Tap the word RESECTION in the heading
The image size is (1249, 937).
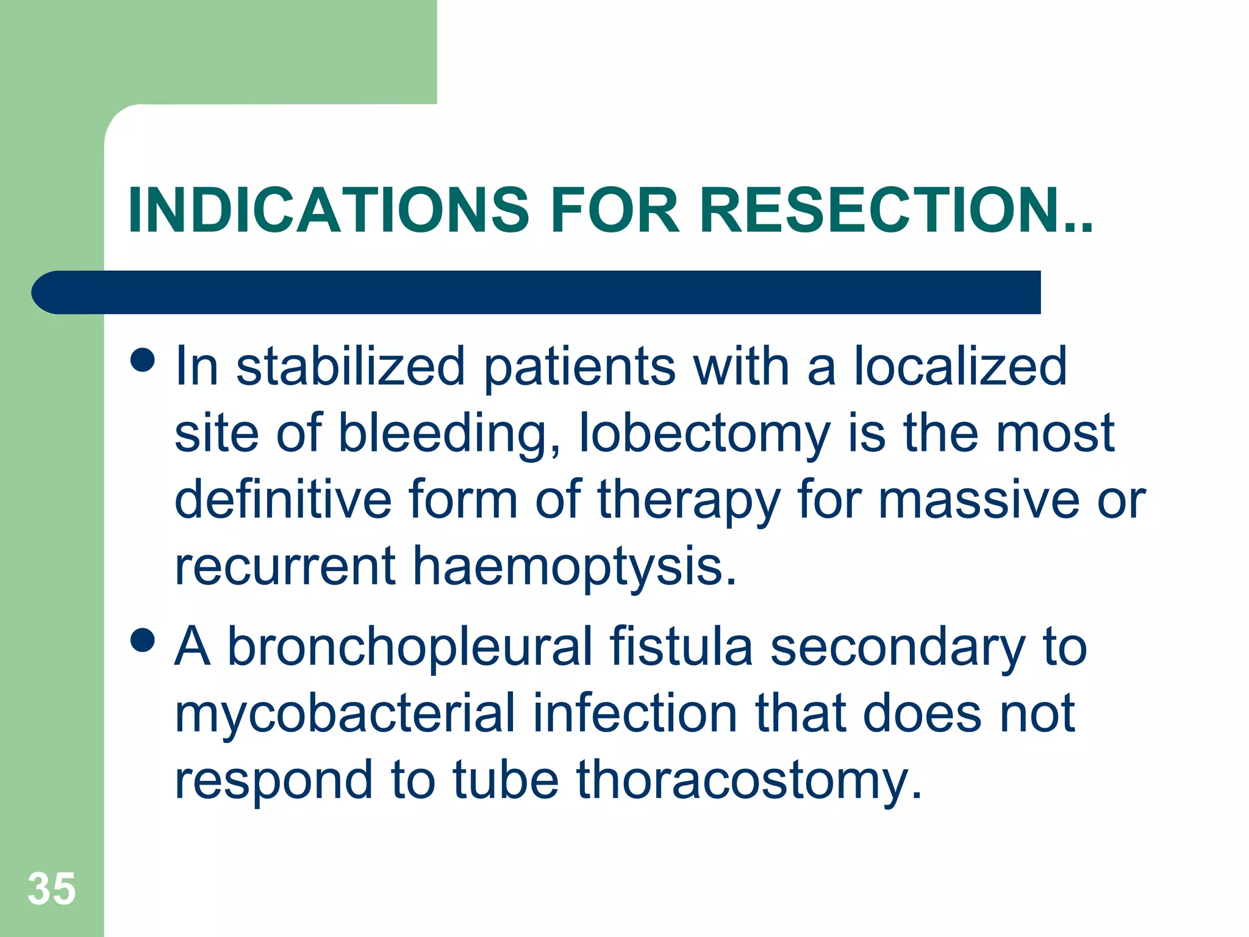878,210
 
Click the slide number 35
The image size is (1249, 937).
52,888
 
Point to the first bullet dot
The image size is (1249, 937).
143,360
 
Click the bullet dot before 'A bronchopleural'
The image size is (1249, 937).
143,641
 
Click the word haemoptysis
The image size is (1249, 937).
575,566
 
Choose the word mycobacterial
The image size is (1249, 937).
345,714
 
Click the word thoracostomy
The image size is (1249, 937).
749,781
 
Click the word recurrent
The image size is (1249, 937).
285,566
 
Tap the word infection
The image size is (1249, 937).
635,714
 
